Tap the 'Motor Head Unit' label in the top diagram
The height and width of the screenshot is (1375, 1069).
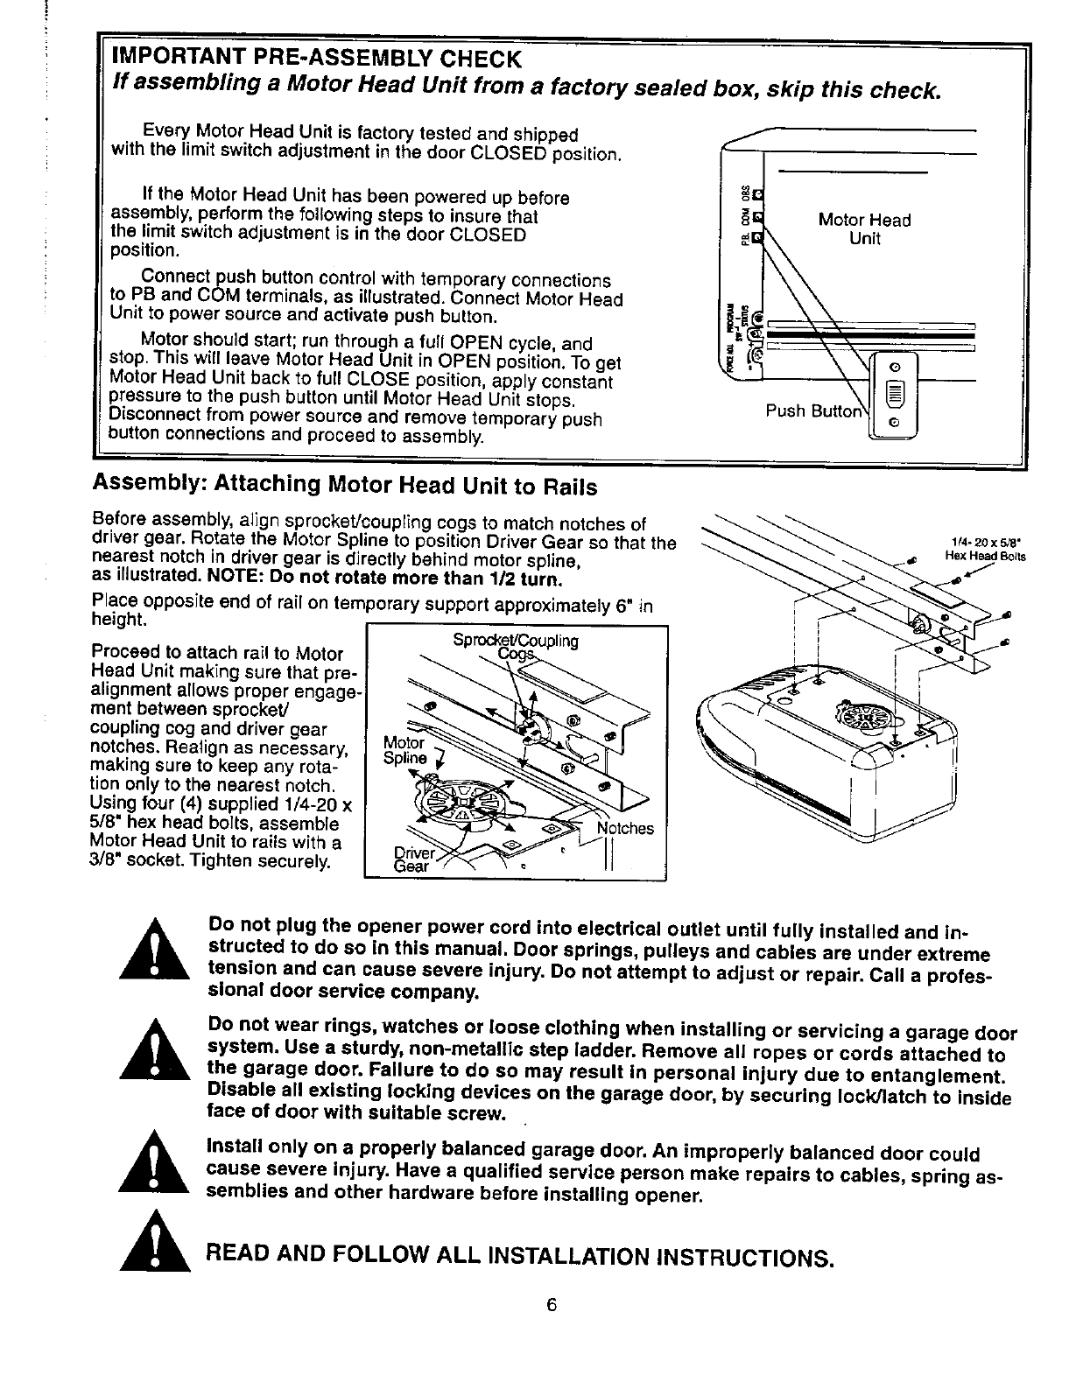(x=864, y=229)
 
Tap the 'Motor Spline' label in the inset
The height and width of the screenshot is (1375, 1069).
(x=404, y=750)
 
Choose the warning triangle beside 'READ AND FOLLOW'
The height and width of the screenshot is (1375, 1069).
(x=157, y=1245)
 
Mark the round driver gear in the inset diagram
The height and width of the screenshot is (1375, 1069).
(x=461, y=801)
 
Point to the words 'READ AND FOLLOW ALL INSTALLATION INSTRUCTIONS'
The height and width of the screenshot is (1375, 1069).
(x=517, y=1258)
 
